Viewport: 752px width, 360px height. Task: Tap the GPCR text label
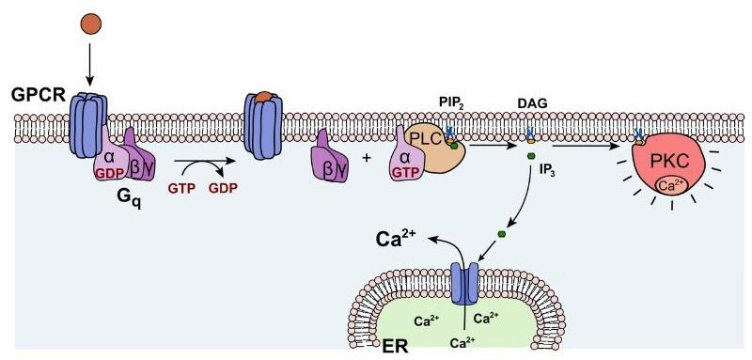point(37,96)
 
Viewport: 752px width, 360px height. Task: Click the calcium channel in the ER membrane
point(464,284)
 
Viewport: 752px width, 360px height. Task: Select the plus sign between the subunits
point(367,160)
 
